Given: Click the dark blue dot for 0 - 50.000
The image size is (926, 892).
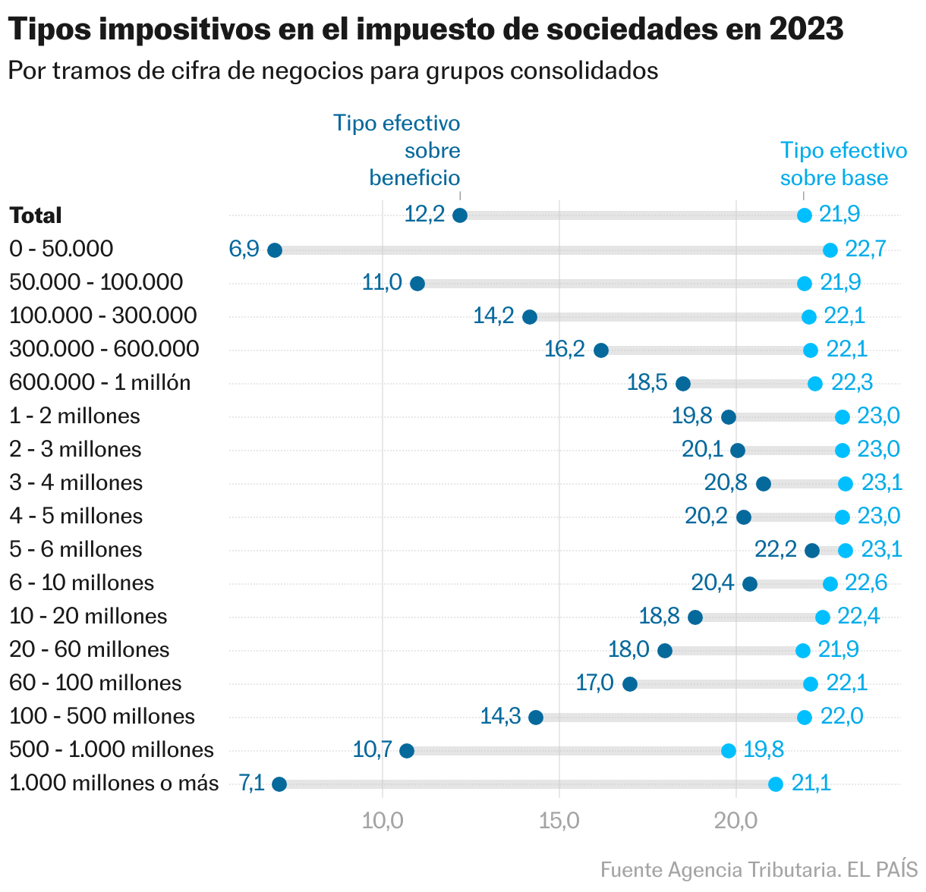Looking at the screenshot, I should click(x=275, y=250).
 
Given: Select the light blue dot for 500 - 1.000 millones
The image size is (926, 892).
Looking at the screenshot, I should click(x=729, y=751).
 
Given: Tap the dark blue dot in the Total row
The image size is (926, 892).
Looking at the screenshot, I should click(x=460, y=215).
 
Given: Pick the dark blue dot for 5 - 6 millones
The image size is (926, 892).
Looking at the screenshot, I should click(x=812, y=551).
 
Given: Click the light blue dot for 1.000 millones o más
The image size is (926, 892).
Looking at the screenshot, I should click(x=776, y=784).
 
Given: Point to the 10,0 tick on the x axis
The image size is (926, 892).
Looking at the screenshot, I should click(x=383, y=821).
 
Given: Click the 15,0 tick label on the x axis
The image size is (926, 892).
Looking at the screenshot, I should click(x=559, y=821).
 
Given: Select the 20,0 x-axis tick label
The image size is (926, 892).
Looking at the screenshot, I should click(x=736, y=821).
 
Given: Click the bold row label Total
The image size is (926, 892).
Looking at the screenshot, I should click(x=36, y=215).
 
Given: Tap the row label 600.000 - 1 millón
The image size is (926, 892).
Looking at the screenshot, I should click(x=99, y=382).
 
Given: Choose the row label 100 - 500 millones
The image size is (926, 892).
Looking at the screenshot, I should click(x=102, y=716).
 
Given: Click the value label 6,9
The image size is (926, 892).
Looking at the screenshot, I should click(x=244, y=249).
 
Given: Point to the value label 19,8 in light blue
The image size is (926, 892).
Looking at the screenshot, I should click(x=764, y=749).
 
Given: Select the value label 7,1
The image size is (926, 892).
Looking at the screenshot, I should click(x=251, y=783).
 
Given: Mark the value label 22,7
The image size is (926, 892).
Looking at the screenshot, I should click(x=865, y=249).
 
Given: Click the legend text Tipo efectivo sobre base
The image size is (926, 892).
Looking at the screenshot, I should click(x=843, y=164).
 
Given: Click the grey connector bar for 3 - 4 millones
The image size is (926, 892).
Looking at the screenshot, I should click(x=805, y=484).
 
